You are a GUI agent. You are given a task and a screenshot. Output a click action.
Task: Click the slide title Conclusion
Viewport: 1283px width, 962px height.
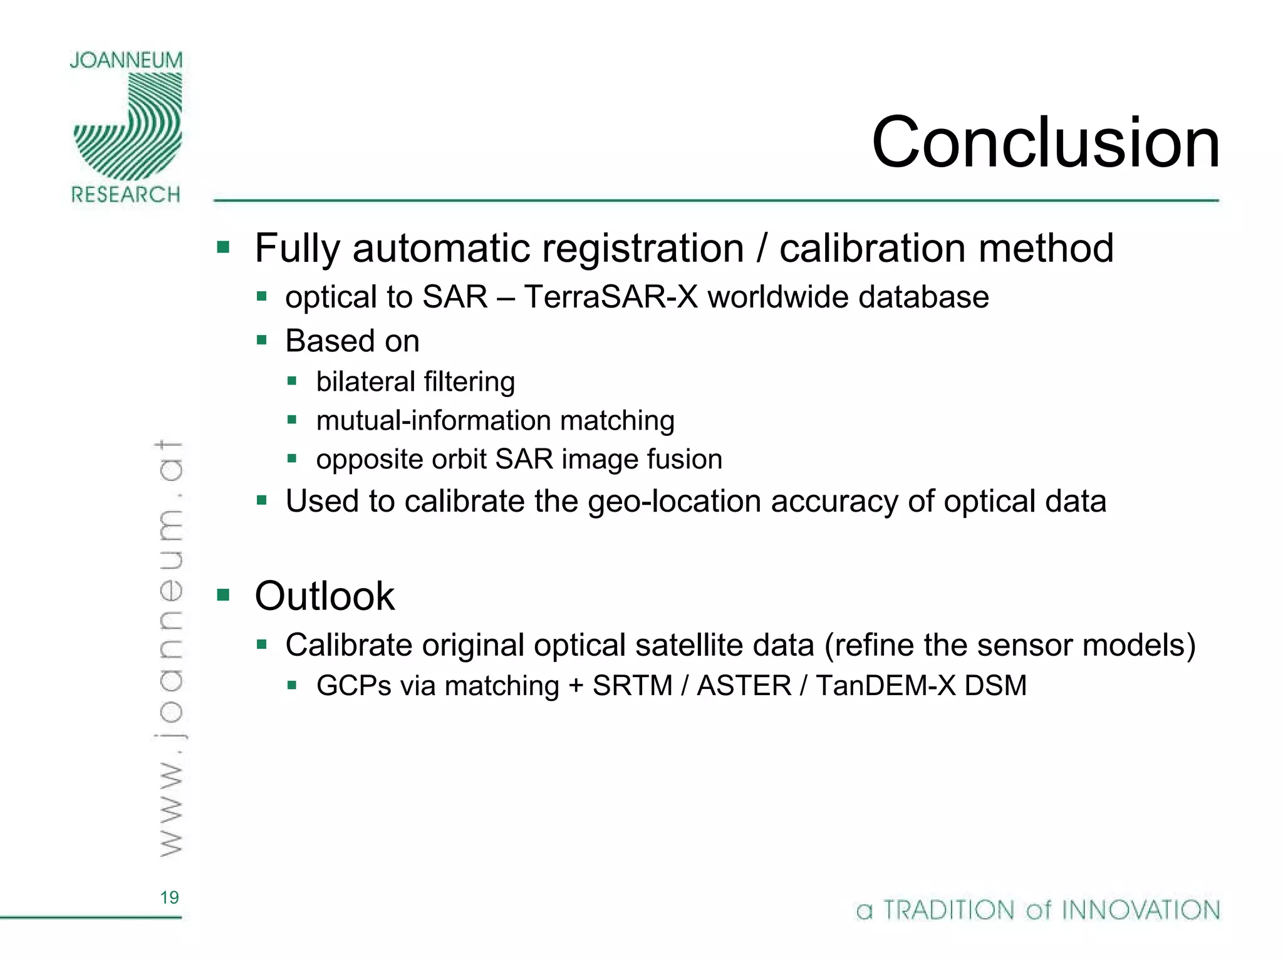(1045, 143)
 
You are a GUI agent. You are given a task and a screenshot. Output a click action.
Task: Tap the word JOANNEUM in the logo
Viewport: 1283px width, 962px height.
(126, 61)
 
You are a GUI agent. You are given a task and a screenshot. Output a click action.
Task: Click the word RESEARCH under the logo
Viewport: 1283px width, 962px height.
(126, 195)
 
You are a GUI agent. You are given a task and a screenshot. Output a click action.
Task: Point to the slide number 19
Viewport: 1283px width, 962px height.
(169, 897)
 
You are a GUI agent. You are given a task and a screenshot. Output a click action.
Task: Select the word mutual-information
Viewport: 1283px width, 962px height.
(434, 421)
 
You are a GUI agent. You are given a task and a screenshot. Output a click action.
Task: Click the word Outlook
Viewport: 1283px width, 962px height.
(325, 596)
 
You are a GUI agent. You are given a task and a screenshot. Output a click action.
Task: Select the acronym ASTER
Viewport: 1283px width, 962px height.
(744, 686)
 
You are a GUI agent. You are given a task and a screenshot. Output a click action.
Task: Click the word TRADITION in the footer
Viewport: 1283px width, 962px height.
(948, 910)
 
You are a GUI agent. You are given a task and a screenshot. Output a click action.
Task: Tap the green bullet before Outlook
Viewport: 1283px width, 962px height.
(224, 594)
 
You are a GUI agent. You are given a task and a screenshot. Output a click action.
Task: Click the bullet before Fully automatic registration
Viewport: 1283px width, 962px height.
(224, 247)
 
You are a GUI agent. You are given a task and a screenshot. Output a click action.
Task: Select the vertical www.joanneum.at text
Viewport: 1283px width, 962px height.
(169, 648)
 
